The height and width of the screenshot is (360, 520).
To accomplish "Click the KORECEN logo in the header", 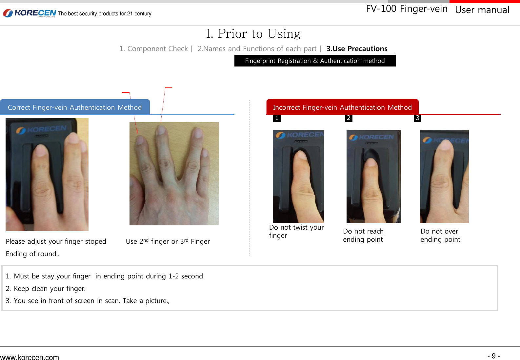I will coord(30,13).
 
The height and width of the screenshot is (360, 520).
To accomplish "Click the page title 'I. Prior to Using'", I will coord(253,34).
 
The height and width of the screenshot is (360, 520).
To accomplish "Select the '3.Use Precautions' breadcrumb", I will coord(357,49).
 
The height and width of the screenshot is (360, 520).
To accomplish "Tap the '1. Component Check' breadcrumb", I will coord(153,49).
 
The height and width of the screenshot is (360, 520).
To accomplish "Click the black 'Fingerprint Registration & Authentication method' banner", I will coord(315,61).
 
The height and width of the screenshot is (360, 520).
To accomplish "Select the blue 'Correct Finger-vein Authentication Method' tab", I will coord(75,107).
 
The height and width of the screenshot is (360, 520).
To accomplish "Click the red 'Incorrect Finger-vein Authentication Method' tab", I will coord(342,107).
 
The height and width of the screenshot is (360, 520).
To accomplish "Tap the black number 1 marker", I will coord(277,118).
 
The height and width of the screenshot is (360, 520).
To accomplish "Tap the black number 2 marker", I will coord(349,118).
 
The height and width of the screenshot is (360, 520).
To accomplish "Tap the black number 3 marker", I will coord(417,118).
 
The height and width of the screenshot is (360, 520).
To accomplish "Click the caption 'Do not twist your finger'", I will coord(296,231).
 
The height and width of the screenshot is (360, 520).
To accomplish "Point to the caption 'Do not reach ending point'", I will coord(363,235).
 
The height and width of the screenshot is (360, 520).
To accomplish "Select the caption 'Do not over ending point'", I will coord(440,235).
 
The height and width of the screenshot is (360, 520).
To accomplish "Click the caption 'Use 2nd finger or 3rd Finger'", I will coord(168,241).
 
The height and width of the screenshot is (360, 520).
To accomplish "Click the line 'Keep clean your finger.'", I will coord(49,289).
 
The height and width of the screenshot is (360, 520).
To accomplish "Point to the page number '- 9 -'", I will coord(493,356).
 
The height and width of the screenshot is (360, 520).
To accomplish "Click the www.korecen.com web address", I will coord(30,357).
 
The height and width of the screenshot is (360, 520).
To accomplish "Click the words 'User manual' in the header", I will coord(482,10).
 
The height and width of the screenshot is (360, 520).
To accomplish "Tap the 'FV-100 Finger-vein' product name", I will coord(407,9).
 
